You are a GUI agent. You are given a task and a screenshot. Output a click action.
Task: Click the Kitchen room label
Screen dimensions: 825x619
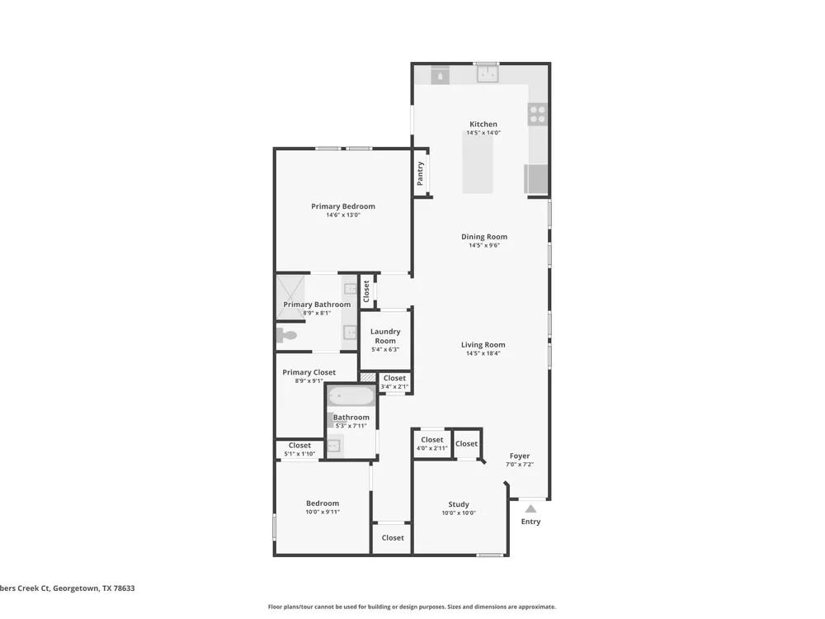483,125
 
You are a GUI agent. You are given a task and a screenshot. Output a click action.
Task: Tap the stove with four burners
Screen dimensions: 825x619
538,114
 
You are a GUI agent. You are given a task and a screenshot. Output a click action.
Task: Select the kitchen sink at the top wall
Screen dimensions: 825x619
488,73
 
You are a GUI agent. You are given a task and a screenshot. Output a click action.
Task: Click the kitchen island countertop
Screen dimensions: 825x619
478,162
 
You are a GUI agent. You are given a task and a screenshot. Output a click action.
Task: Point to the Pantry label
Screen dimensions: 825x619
420,173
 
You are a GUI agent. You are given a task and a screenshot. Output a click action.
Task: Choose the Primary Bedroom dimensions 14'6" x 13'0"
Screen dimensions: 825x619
343,215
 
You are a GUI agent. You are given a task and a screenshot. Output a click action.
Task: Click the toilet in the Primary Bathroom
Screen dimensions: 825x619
287,335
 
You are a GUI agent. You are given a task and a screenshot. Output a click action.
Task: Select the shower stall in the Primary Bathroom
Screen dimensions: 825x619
291,297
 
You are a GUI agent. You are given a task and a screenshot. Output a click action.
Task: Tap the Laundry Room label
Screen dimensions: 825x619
385,336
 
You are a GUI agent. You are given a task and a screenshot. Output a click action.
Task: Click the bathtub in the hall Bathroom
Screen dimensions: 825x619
351,396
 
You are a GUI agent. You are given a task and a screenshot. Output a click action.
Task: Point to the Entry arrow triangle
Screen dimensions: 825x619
530,508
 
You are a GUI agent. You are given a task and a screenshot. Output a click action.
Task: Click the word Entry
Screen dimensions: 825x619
530,522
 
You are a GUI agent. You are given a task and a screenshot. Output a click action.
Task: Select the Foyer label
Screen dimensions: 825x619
520,456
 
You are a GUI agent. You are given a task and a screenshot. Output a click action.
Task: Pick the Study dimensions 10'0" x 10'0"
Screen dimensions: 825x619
459,513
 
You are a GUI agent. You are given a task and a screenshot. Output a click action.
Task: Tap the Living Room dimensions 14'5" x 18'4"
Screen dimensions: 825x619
483,353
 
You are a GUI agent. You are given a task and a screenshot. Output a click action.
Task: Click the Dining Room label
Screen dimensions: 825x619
484,237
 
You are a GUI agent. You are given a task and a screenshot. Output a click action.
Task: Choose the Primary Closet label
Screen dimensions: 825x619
309,372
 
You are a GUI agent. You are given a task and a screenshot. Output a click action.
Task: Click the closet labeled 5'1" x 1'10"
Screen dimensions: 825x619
300,449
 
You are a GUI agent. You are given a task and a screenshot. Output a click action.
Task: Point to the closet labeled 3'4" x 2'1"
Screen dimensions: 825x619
394,382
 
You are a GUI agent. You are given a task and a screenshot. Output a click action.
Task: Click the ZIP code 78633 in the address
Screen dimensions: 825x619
125,588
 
